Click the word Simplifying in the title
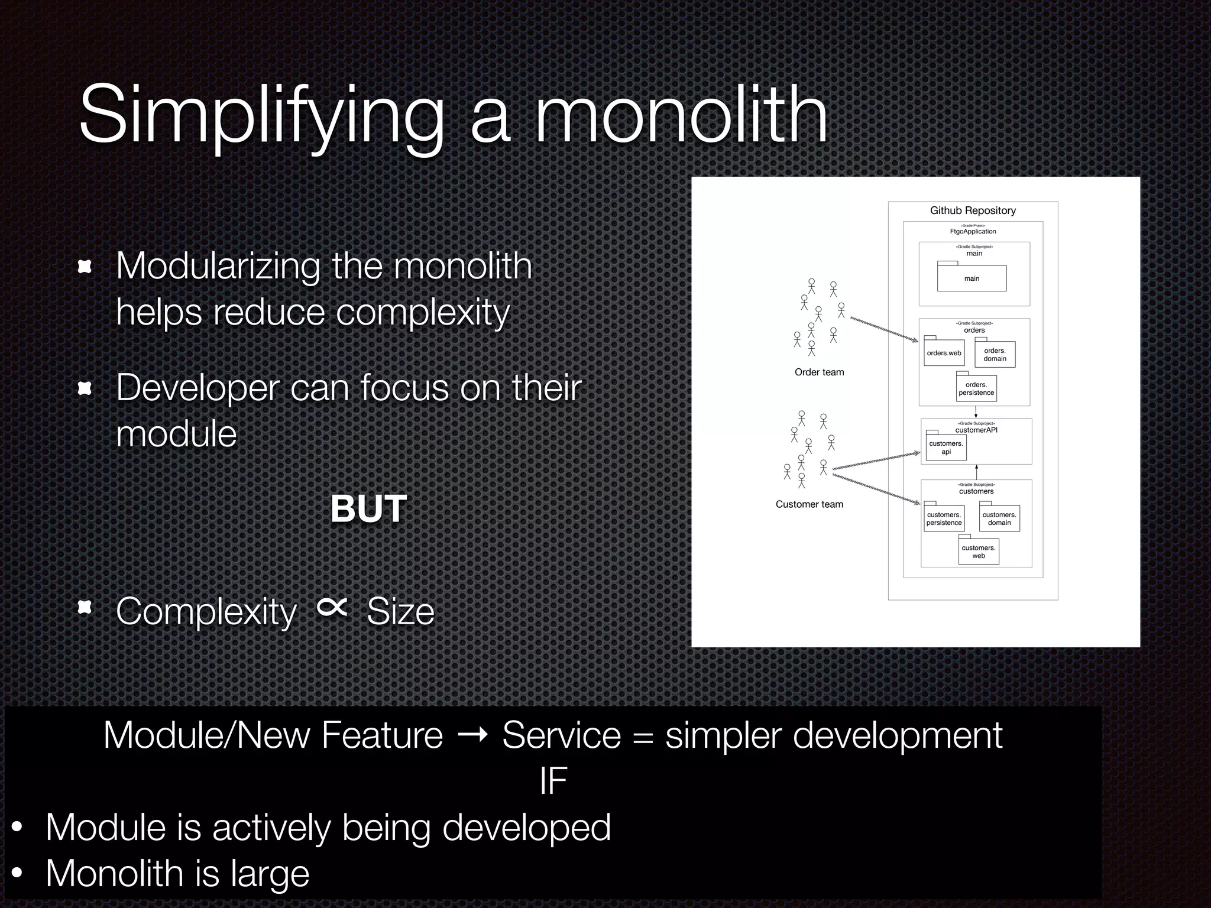click(x=260, y=115)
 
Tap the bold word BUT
click(x=368, y=508)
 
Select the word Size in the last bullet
click(x=400, y=611)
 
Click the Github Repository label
click(x=973, y=210)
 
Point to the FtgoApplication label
click(x=973, y=231)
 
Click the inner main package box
click(x=972, y=278)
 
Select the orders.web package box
click(x=944, y=353)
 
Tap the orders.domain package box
click(x=995, y=355)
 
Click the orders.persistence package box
click(x=976, y=389)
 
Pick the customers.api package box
click(x=946, y=447)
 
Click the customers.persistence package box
click(x=944, y=518)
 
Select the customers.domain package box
click(x=999, y=518)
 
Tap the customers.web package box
click(x=979, y=552)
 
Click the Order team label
click(x=819, y=372)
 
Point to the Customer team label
click(x=809, y=504)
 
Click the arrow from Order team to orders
click(x=884, y=329)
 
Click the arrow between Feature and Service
click(x=472, y=735)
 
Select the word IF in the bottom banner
click(x=553, y=781)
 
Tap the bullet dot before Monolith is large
click(x=18, y=873)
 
